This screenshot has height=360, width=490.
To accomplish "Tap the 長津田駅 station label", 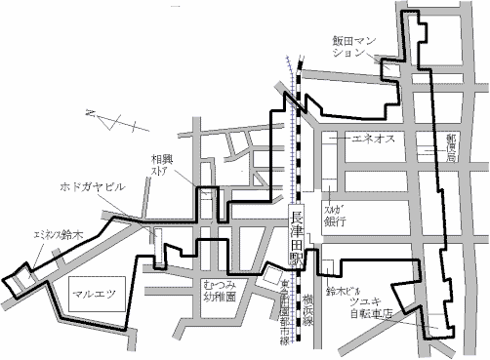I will tap(297, 240).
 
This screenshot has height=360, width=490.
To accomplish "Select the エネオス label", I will tap(371, 139).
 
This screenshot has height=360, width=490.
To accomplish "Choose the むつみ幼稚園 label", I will tap(221, 287).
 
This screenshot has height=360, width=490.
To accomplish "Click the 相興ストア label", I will tap(162, 164).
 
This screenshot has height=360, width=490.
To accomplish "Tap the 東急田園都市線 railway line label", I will tap(284, 302).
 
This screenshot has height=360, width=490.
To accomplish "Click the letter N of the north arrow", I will tap(89, 116).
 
